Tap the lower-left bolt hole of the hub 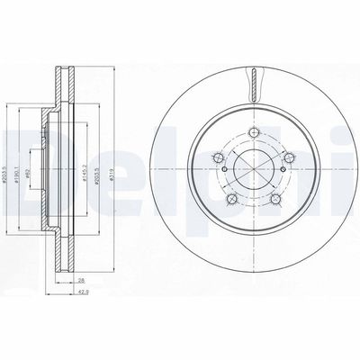pos(231,198)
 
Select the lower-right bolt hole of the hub pos(274,198)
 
